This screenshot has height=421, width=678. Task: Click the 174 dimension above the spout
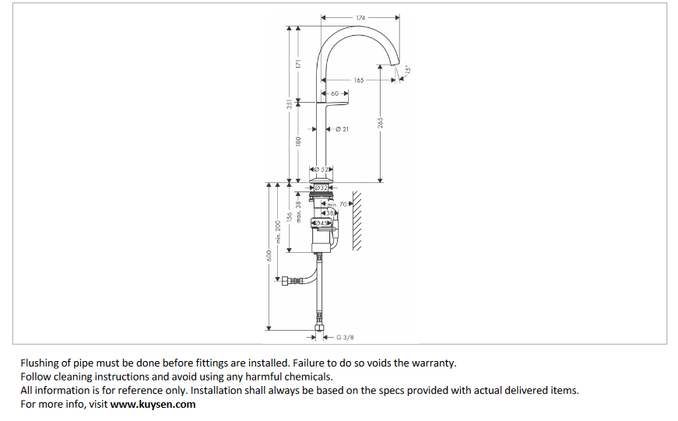click(x=360, y=17)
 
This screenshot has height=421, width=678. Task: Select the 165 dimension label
click(x=358, y=80)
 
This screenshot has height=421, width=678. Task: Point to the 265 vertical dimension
click(x=381, y=125)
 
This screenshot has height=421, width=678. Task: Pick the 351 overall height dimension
click(x=289, y=103)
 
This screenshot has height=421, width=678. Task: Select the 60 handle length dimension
click(x=334, y=93)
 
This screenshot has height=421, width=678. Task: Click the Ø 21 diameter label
click(x=342, y=128)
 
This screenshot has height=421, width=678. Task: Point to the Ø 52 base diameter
click(x=322, y=170)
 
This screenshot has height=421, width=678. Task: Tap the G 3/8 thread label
click(x=345, y=337)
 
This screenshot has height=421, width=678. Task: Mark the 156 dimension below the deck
click(x=290, y=219)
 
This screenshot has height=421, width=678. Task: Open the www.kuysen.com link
click(x=153, y=404)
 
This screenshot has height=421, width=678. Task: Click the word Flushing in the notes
click(x=40, y=363)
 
